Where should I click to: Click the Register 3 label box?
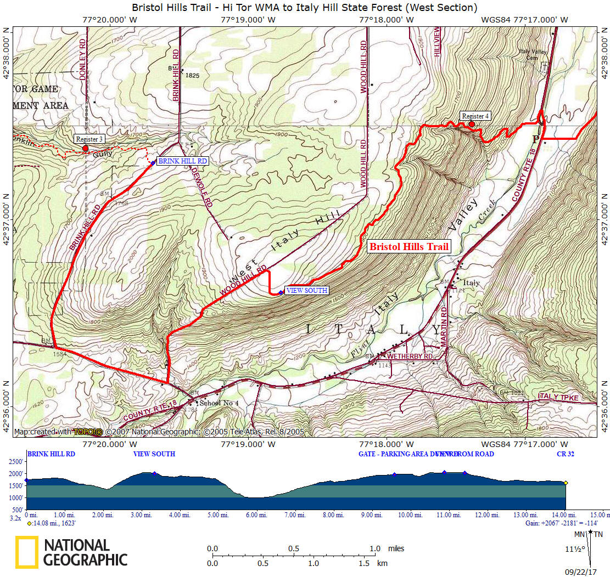(x=89, y=139)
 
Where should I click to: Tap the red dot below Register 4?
(x=472, y=125)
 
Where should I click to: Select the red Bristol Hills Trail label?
(x=409, y=247)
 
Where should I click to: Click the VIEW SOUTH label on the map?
(x=307, y=290)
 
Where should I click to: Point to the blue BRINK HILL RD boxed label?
(x=183, y=161)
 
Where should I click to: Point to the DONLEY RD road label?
(x=83, y=59)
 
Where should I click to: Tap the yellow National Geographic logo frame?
(x=27, y=552)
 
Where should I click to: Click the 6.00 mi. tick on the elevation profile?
(x=256, y=515)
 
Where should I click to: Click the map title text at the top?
(x=305, y=7)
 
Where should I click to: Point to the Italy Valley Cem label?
(x=533, y=54)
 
